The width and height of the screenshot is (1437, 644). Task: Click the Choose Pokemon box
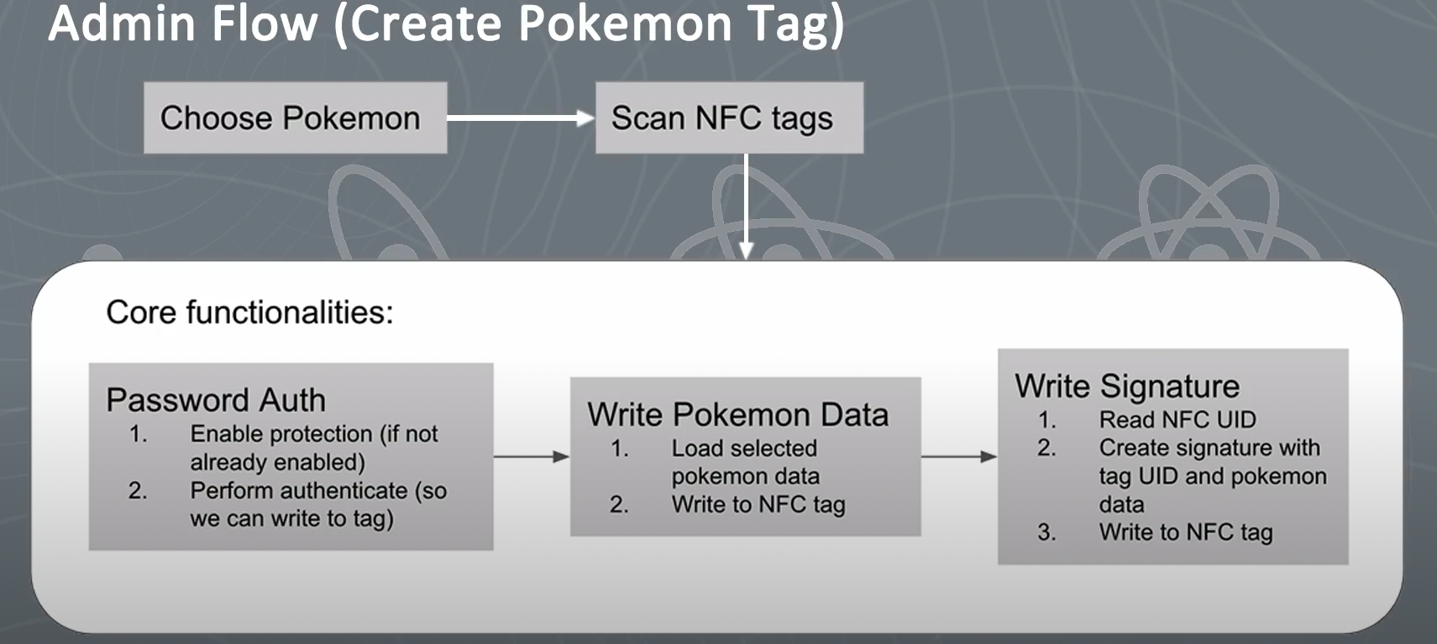click(x=295, y=118)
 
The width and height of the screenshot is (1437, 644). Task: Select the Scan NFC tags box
click(x=729, y=118)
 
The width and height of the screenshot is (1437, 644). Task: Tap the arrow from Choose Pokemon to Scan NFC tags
click(x=521, y=118)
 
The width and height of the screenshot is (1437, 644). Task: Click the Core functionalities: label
click(x=249, y=312)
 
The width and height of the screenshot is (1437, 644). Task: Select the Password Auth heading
click(x=216, y=400)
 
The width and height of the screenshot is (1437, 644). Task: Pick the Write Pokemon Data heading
click(x=737, y=415)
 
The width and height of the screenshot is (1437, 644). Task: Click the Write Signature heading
click(x=1127, y=387)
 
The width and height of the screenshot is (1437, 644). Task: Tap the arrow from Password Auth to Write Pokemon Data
click(x=532, y=457)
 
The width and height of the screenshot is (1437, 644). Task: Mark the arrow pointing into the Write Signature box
click(x=959, y=457)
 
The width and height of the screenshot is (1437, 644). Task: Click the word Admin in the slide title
click(x=122, y=24)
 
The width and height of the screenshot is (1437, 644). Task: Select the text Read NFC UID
click(x=1177, y=420)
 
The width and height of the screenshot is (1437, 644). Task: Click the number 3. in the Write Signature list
click(x=1047, y=532)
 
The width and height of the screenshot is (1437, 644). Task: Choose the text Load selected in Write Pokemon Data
click(x=744, y=448)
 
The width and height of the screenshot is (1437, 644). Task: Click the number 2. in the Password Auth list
click(x=138, y=490)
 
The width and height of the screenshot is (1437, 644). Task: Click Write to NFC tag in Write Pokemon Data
click(x=758, y=505)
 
